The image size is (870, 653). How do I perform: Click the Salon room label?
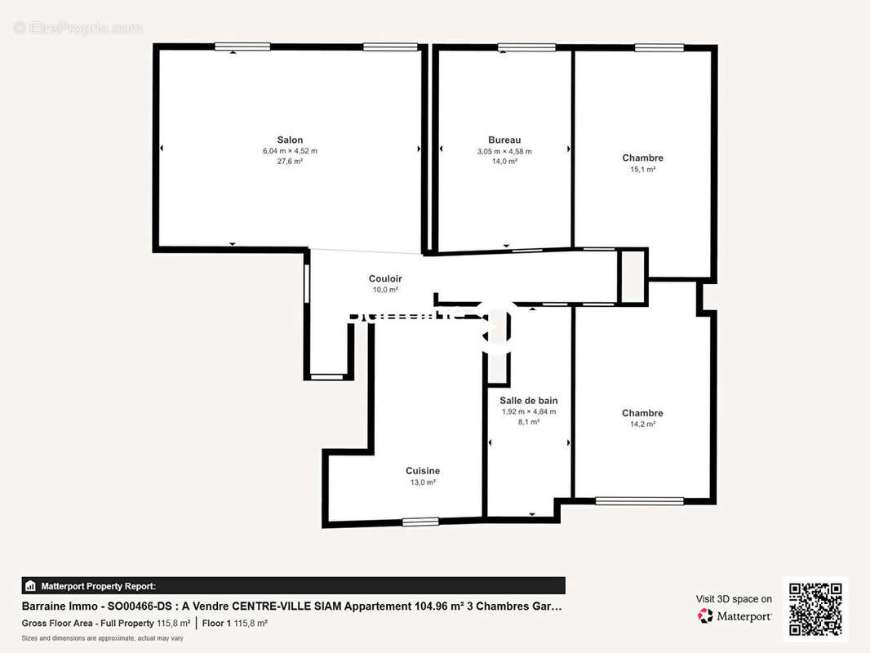point(290,140)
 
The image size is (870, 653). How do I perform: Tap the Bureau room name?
point(504,140)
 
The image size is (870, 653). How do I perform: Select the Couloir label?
point(385,278)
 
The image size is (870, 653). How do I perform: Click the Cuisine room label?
point(423,471)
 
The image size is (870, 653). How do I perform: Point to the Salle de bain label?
point(529,400)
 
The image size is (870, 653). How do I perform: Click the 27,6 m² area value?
point(290,162)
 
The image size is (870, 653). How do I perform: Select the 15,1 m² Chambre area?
point(642,170)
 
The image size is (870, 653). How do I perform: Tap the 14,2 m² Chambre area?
point(642,424)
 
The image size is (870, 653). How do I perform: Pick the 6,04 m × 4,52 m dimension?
point(290,151)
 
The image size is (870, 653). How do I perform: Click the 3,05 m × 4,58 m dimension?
point(504,151)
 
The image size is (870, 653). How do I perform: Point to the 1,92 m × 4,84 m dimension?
point(529,411)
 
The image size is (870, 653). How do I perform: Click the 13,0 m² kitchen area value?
point(423,482)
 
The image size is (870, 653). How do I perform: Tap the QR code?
point(815,610)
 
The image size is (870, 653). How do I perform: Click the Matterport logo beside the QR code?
point(735,616)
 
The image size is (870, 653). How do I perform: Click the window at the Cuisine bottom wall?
point(420,522)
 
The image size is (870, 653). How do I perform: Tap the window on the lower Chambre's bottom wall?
point(639,500)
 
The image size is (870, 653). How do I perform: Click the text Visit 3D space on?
point(734,599)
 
